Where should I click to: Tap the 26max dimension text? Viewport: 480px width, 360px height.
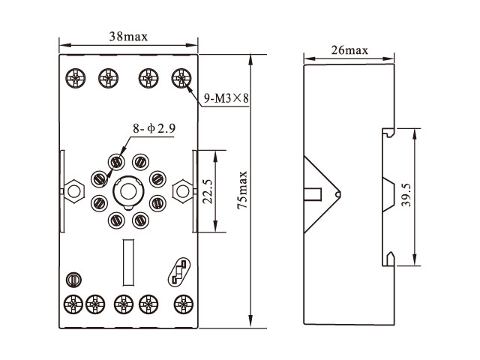tap(349, 50)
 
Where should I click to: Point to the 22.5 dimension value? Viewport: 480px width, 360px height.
tap(205, 191)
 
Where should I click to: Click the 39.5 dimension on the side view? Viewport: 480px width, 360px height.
tap(406, 196)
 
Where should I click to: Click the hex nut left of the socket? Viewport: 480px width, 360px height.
tap(73, 191)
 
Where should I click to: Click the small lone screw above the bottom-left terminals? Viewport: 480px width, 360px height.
tap(73, 279)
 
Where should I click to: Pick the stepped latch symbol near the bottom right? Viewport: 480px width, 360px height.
tap(180, 271)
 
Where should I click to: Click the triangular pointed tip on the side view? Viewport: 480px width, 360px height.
tap(337, 194)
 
